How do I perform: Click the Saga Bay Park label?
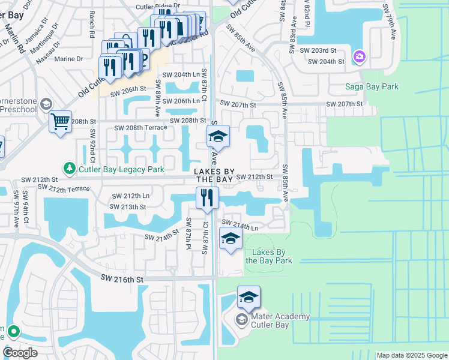coord(372,87)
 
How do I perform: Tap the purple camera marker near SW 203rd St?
coord(359,56)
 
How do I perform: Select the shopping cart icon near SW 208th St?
coord(60,122)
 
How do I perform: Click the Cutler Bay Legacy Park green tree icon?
coord(70,169)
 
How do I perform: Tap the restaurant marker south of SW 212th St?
coord(206,198)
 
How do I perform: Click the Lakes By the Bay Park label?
coord(268,256)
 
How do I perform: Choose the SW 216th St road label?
coord(122,279)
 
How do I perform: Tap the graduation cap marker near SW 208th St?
coord(218,137)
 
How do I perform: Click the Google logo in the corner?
coord(20,352)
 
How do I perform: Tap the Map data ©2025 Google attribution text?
coord(411,355)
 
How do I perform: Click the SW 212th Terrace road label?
coord(63,188)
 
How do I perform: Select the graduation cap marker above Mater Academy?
coord(249,297)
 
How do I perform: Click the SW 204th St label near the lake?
coord(326,61)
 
